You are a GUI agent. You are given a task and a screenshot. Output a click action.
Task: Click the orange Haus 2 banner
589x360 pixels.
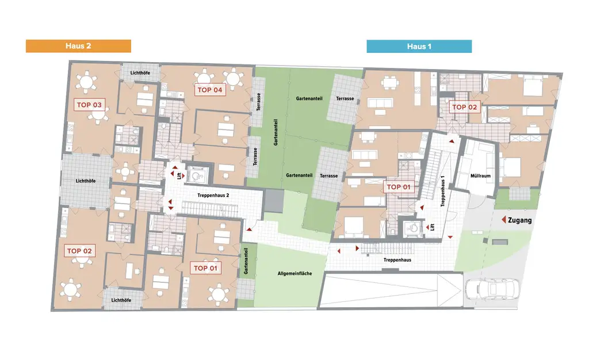pos(78,46)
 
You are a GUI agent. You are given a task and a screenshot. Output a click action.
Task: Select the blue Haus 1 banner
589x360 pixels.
pos(419,47)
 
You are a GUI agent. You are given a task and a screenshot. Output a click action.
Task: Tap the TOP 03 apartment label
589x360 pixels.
pos(89,105)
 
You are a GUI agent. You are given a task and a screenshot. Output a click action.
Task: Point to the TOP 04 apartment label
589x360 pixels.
pos(209,90)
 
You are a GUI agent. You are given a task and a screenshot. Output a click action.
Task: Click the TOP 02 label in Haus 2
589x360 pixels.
pos(79,251)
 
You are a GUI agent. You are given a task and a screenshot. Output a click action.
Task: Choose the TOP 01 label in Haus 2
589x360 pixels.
pos(206,268)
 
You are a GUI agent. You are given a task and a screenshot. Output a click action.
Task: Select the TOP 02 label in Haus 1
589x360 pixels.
pos(464,107)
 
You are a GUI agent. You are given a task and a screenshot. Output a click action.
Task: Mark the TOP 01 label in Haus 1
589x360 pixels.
pos(399,187)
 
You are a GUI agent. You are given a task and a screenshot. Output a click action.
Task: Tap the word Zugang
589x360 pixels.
pos(521,220)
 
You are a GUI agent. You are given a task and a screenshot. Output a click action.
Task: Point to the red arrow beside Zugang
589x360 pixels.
pos(503,220)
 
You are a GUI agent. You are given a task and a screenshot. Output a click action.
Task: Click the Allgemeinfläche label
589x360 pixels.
pos(294,273)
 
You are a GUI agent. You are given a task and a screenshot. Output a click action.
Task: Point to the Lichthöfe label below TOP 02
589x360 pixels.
pos(121,300)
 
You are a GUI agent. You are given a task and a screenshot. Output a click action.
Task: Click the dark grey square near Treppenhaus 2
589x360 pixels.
pos(274,201)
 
